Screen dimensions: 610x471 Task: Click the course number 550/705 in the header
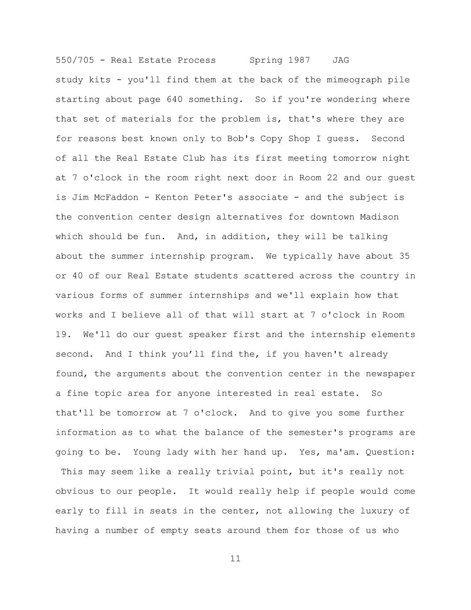[x=75, y=60]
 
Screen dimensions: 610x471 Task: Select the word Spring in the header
[x=266, y=60]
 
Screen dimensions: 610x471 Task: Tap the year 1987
[x=299, y=60]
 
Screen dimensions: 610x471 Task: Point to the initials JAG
[x=341, y=60]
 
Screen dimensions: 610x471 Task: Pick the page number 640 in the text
[x=175, y=99]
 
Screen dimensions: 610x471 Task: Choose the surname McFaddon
[x=116, y=198]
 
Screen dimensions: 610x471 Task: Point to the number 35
[x=404, y=256]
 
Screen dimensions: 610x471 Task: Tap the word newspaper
[x=391, y=374]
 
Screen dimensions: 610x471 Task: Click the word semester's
[x=316, y=433]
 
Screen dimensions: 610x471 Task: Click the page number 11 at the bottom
[x=235, y=559]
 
